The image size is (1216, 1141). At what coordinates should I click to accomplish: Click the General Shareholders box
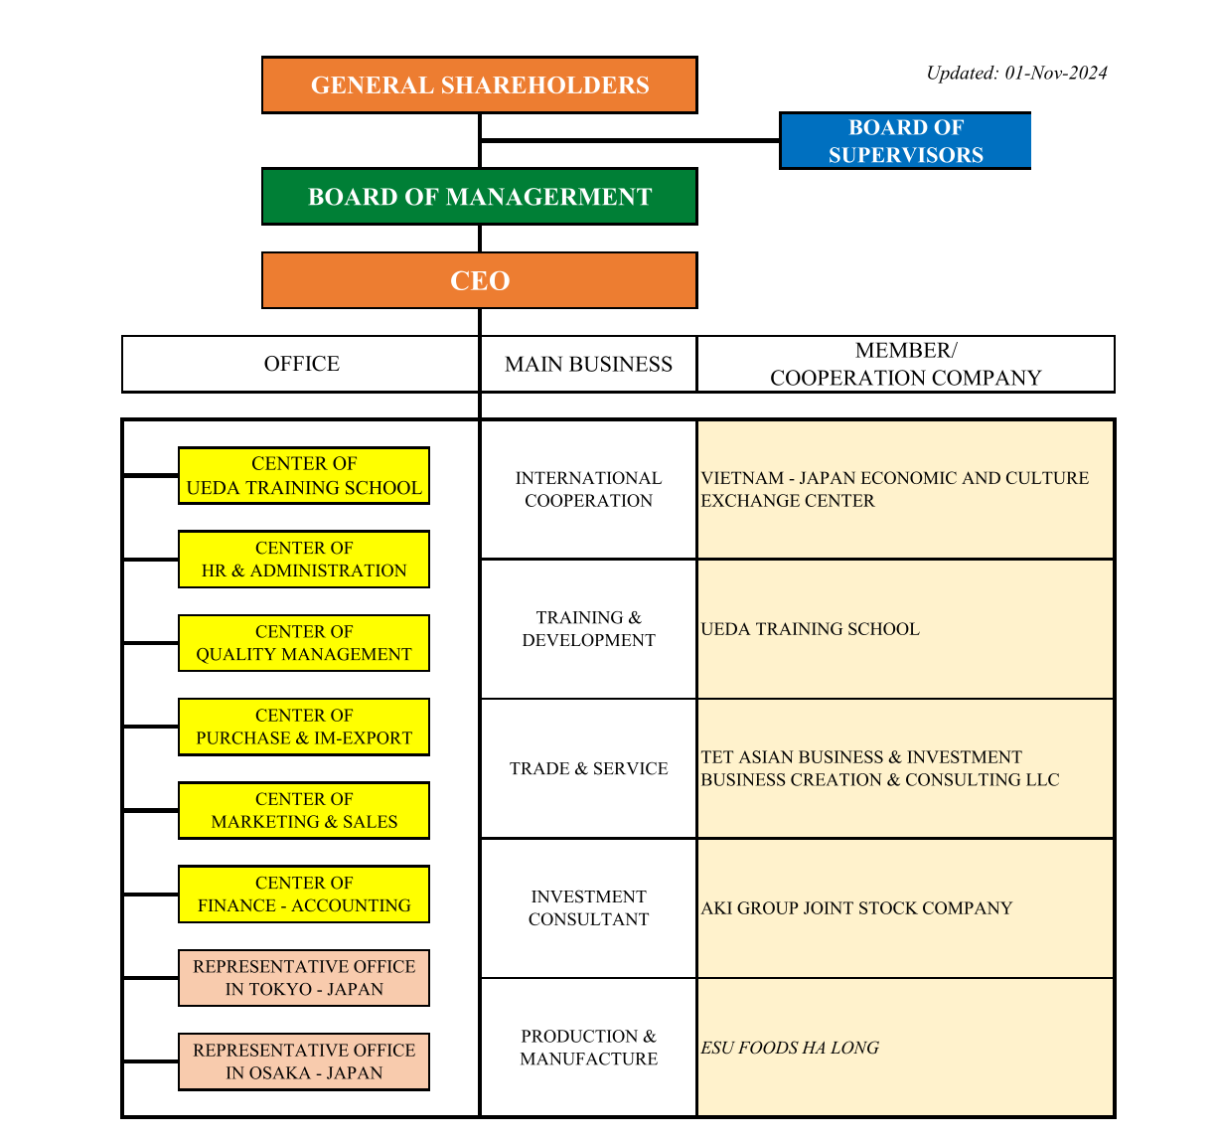pos(479,85)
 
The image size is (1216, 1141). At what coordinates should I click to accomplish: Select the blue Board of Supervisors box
pos(905,141)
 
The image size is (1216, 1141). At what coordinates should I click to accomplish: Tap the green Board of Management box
pos(479,197)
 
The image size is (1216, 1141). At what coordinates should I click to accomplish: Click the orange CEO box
pos(479,280)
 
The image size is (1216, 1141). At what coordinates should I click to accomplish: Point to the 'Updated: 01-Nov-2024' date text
pos(1015,73)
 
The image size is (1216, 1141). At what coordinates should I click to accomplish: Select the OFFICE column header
pos(301,364)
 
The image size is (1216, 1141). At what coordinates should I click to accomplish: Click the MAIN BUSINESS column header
pos(588,364)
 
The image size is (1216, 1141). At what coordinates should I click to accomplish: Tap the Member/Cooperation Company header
pos(905,364)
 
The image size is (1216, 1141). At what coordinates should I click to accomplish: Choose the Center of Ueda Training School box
pos(304,476)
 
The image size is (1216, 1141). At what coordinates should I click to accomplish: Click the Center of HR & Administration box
pos(304,560)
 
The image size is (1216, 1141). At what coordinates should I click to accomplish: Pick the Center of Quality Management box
pos(304,643)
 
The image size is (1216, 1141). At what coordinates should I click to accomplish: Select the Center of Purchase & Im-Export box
pos(304,727)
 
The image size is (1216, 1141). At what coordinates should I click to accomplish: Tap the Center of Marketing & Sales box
pos(304,810)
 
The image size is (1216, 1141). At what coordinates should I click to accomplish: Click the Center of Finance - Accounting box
pos(304,895)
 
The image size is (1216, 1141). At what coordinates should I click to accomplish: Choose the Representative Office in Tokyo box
pos(304,978)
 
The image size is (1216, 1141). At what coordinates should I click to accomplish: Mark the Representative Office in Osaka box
pos(304,1061)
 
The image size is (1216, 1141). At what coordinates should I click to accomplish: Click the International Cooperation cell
pos(588,489)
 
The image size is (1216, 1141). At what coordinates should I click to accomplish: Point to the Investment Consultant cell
pos(588,908)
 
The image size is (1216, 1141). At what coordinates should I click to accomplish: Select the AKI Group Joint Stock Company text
pos(856,908)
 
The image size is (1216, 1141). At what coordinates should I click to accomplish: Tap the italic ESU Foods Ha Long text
pos(790,1048)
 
